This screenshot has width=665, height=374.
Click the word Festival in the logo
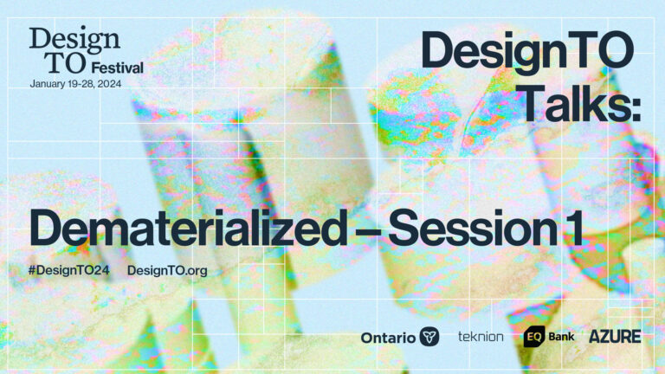118,68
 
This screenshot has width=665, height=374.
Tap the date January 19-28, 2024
75,84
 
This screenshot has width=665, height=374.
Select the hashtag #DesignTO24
68,270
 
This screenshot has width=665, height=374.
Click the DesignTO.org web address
167,271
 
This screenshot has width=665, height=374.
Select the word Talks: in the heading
582,103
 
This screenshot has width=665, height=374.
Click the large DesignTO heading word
527,52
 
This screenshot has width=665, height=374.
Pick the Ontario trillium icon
429,337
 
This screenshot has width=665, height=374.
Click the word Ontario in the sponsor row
388,338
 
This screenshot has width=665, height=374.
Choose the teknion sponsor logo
481,337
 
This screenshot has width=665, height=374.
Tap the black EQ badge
534,337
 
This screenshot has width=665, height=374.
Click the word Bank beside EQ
561,337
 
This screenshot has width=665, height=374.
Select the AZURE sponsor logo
615,337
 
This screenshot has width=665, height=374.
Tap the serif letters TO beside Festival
66,62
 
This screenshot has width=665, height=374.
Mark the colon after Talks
636,110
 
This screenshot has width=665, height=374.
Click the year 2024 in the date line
109,84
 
